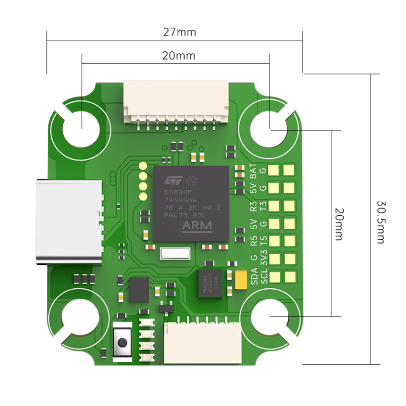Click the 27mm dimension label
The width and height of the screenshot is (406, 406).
click(x=179, y=32)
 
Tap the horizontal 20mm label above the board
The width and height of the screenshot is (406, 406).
click(x=178, y=56)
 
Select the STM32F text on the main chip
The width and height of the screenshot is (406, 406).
click(x=175, y=192)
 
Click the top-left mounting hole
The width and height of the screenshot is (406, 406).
click(x=81, y=127)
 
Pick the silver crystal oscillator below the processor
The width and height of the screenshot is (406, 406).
click(x=175, y=253)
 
